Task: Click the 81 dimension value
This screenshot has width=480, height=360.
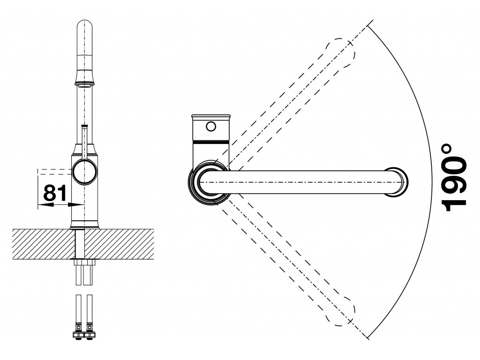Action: tap(53, 192)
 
